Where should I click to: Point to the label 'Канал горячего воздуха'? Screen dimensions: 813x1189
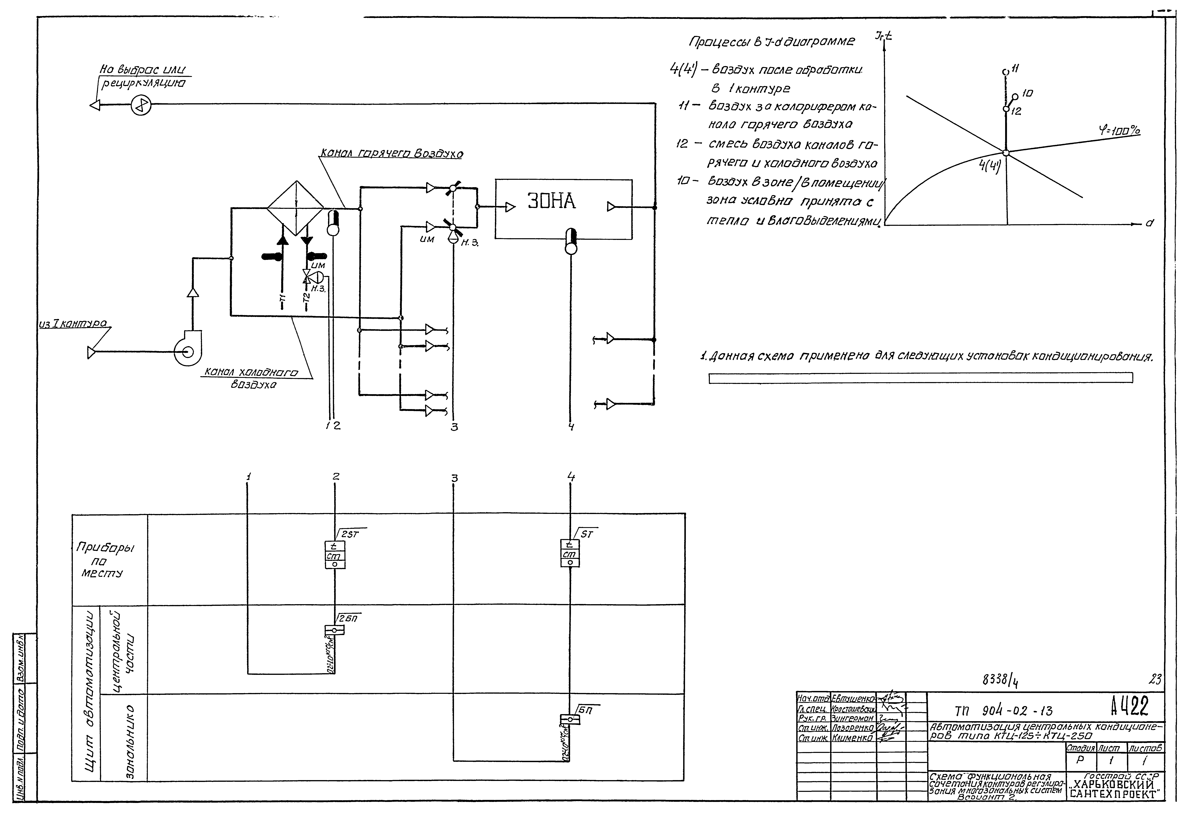coord(391,154)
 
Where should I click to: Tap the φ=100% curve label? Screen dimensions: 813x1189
coord(1119,131)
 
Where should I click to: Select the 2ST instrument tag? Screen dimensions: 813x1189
coord(350,534)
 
